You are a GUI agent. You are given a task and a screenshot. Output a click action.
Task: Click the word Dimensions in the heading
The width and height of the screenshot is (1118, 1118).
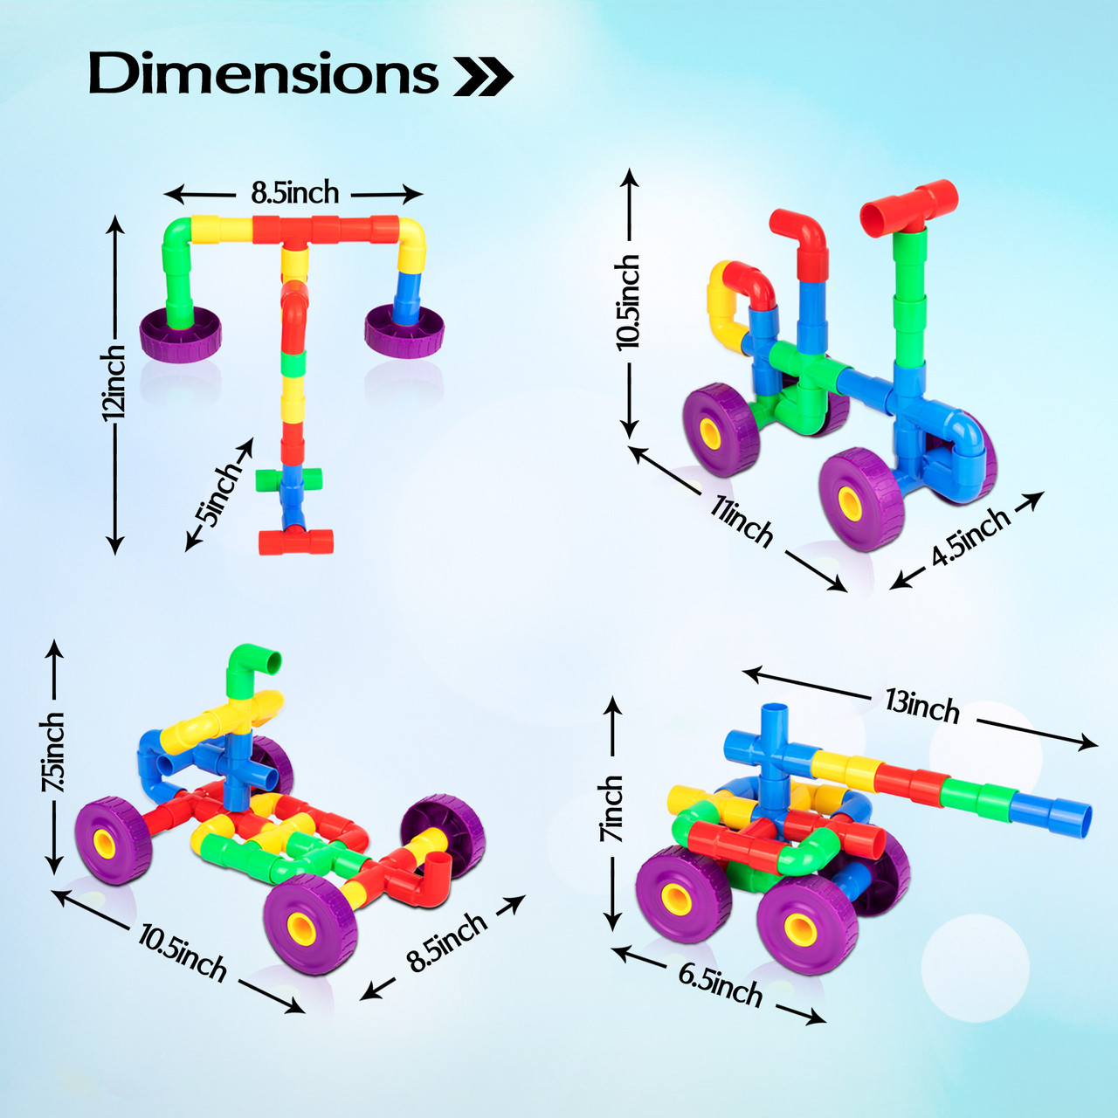[263, 73]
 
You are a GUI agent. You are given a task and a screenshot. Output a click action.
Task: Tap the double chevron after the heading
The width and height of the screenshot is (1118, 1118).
[483, 78]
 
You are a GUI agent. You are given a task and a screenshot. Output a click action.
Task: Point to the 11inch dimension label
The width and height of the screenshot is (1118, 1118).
[741, 521]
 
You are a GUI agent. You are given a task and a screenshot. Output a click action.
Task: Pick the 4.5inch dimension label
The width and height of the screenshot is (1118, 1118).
[970, 535]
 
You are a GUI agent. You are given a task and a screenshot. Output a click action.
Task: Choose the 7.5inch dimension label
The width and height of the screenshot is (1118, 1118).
[53, 751]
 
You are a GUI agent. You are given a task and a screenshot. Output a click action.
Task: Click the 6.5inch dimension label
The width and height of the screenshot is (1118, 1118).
[721, 983]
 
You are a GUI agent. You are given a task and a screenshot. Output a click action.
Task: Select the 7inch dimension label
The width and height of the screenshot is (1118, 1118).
[613, 809]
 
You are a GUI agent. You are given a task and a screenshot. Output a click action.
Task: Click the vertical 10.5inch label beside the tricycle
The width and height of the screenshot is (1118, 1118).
[628, 302]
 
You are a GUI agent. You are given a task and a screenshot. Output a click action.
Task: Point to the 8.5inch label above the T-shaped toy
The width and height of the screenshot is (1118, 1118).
[294, 192]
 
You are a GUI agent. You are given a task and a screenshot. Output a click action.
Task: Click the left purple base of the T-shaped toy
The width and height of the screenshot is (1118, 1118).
[181, 334]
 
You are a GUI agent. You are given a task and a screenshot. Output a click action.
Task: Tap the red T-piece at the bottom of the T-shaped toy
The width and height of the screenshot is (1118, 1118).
[297, 541]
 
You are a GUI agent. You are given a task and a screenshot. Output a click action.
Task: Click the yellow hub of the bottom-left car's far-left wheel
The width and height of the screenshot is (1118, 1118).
[106, 843]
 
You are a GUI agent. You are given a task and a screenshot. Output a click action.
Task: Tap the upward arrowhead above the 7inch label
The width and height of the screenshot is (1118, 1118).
[613, 703]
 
